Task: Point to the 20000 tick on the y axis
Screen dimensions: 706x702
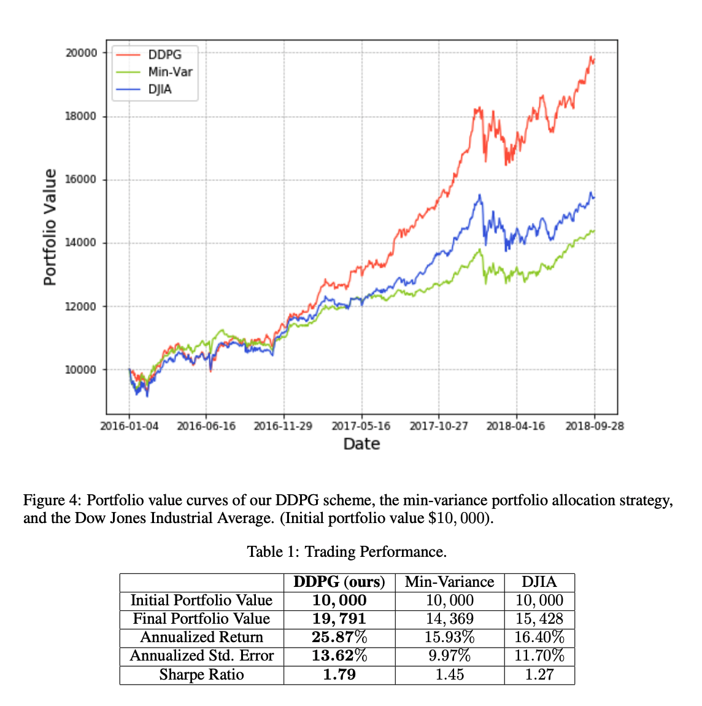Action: coord(81,53)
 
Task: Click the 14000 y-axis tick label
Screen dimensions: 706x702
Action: coord(81,242)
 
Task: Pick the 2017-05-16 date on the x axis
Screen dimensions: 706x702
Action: coord(361,426)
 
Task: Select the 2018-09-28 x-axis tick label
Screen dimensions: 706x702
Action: coord(594,426)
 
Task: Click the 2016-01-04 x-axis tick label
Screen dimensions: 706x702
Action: coord(129,426)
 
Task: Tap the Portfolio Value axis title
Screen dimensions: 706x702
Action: coord(50,227)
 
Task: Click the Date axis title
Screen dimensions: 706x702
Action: coord(361,444)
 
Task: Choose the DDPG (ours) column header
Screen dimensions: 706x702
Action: coord(339,582)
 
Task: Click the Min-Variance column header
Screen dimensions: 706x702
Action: coord(449,582)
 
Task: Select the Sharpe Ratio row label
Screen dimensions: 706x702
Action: coord(201,675)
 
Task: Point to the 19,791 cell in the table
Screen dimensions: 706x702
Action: coord(339,619)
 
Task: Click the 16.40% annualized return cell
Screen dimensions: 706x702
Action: coord(539,637)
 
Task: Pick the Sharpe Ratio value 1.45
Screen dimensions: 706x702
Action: coord(449,675)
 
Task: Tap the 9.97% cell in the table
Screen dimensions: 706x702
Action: coord(449,656)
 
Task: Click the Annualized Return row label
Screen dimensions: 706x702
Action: coord(201,637)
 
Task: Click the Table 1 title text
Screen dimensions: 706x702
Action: coord(347,551)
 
